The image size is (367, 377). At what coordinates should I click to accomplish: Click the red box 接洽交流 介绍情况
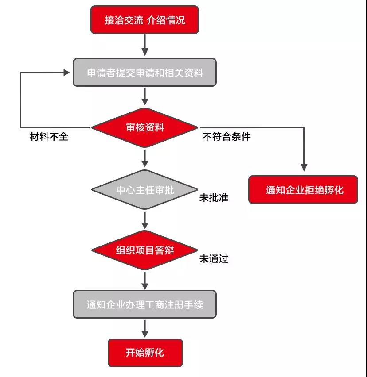tap(145, 20)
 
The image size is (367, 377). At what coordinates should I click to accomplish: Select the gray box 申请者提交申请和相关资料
tap(145, 73)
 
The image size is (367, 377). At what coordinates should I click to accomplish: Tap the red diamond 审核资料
tap(145, 127)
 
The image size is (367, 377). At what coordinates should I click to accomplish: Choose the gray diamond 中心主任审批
tap(145, 190)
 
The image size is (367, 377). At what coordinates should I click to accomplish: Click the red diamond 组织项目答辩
tap(145, 250)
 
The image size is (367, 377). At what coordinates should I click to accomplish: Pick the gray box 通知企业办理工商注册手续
tap(145, 304)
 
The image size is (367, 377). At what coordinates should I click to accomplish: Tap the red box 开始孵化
tap(145, 353)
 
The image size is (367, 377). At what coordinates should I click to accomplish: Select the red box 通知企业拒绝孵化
tap(304, 190)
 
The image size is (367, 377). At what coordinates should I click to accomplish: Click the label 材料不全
tap(49, 137)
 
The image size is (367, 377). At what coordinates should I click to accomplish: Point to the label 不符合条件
tap(226, 137)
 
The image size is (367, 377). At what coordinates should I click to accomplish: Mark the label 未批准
tap(214, 198)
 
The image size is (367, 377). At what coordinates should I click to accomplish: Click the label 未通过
tap(214, 259)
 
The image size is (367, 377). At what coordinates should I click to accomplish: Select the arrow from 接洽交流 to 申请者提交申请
tap(145, 46)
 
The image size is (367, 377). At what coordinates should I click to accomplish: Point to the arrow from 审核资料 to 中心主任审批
tap(145, 158)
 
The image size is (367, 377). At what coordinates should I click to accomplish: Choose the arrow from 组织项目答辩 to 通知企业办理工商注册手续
tap(145, 280)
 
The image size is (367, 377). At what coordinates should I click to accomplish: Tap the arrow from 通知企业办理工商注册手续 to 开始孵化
tap(145, 329)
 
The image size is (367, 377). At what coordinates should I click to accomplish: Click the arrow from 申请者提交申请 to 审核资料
tap(145, 96)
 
